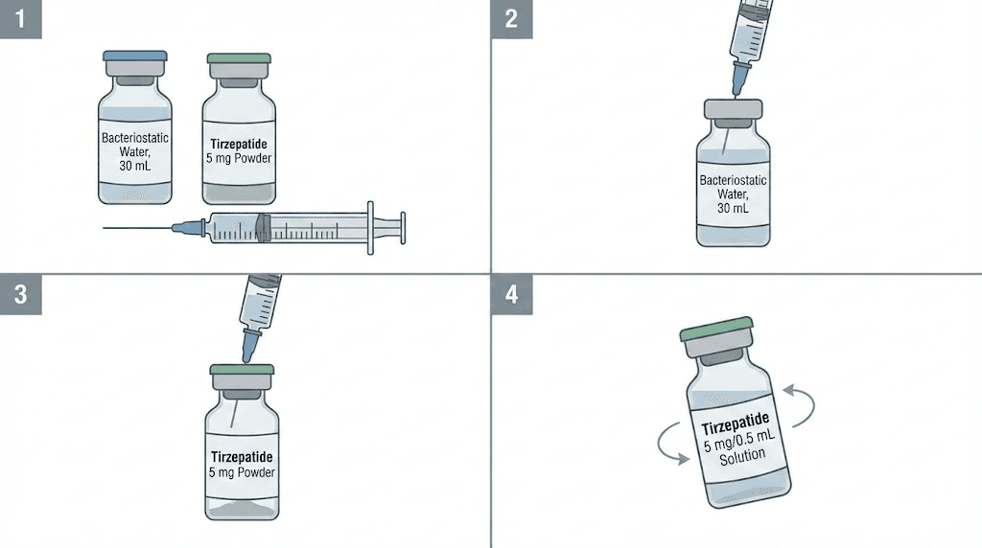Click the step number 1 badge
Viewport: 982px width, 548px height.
pyautogui.click(x=20, y=19)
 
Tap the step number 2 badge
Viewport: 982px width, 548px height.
pyautogui.click(x=511, y=19)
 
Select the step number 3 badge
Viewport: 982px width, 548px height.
pyautogui.click(x=20, y=295)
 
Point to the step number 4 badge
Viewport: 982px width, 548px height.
pyautogui.click(x=511, y=295)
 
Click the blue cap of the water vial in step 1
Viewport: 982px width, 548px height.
pyautogui.click(x=135, y=57)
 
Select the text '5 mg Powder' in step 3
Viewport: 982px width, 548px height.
pyautogui.click(x=243, y=472)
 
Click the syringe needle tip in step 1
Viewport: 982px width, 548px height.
pyautogui.click(x=105, y=228)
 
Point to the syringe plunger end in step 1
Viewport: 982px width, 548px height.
pyautogui.click(x=401, y=227)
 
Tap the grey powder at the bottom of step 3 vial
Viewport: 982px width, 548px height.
pyautogui.click(x=243, y=510)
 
